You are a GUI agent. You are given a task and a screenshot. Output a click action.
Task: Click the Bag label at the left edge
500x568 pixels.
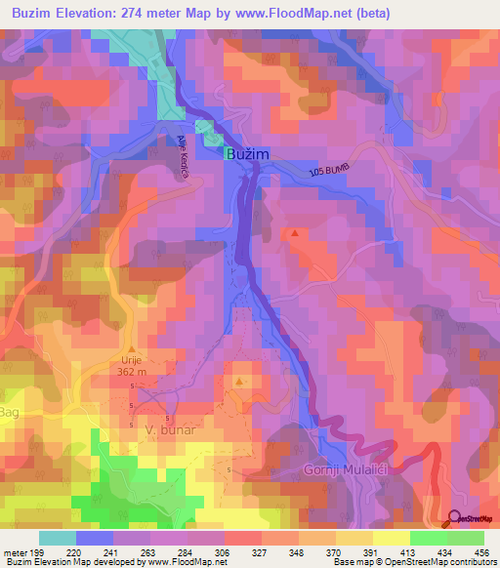[8, 415]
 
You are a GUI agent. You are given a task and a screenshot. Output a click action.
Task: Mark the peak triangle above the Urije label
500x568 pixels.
[132, 347]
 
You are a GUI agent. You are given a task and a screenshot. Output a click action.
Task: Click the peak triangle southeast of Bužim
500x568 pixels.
[295, 233]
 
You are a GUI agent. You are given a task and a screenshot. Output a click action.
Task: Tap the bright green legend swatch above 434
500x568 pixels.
[428, 538]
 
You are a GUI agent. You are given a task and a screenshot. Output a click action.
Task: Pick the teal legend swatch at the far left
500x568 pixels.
[57, 538]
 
